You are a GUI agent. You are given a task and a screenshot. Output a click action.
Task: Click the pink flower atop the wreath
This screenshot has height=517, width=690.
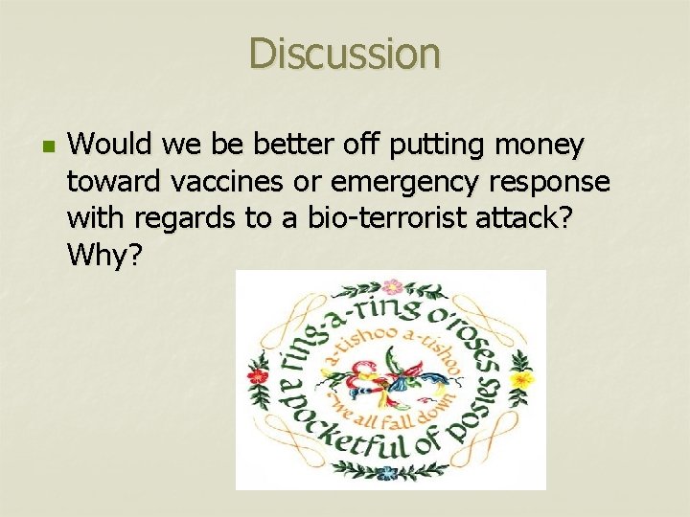click(x=391, y=286)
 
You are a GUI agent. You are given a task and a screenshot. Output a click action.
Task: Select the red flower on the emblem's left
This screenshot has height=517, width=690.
click(x=257, y=376)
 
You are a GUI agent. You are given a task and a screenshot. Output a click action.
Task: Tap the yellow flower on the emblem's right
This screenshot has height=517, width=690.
click(x=522, y=380)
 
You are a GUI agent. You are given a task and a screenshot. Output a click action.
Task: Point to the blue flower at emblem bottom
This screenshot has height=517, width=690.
click(x=387, y=473)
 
